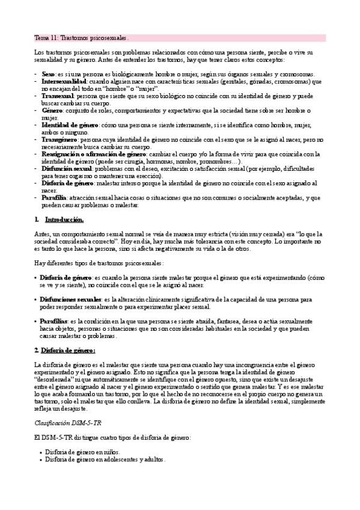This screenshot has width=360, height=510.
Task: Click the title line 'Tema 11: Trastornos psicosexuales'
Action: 81,37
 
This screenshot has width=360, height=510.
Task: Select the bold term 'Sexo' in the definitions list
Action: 48,73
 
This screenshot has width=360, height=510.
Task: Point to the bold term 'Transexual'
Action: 57,96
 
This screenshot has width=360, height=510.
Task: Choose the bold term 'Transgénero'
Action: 59,139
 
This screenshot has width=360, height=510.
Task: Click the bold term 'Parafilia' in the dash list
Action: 55,197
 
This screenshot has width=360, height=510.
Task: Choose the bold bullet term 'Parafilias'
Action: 54,322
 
